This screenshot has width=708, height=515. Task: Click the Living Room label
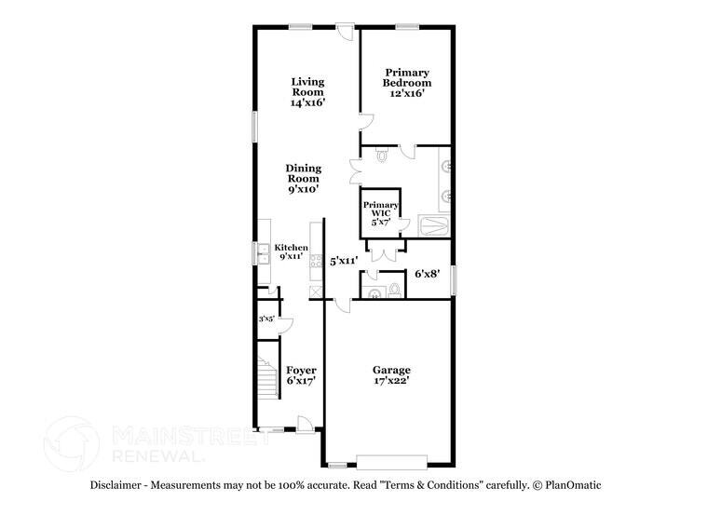tap(308, 91)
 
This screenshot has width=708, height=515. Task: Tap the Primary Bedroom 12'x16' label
tap(407, 83)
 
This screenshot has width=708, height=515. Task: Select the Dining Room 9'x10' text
tap(304, 178)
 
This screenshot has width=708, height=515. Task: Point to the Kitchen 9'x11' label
tap(292, 251)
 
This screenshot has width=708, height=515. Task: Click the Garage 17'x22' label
tap(391, 375)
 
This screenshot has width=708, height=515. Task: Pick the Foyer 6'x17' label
tap(301, 375)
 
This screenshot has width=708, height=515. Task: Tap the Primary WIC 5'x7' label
tap(381, 213)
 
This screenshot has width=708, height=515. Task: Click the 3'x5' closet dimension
tap(266, 318)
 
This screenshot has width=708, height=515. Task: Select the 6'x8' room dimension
tap(428, 273)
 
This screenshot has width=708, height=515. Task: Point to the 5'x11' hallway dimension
tap(344, 261)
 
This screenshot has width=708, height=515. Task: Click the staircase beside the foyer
tap(267, 377)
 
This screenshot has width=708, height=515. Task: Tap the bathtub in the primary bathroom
tap(433, 226)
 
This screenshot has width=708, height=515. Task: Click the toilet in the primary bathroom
tap(383, 156)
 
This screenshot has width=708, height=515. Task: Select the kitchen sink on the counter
tap(263, 253)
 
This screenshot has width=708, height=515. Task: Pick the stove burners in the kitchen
tap(316, 261)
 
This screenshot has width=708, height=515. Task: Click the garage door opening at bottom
tap(391, 462)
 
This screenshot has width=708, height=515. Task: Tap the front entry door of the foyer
tap(306, 426)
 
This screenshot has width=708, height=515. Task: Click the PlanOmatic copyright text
tap(567, 485)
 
